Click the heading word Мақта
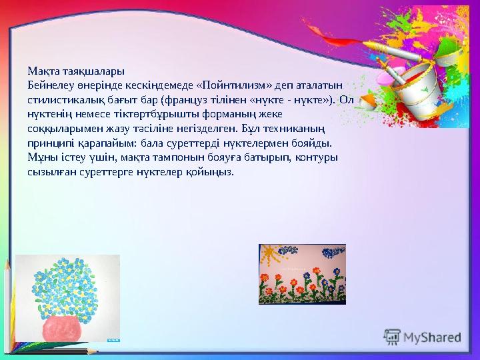point(41,69)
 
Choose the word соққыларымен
point(61,129)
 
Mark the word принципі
point(51,143)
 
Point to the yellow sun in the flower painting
point(268,255)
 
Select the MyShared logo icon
point(394,337)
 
